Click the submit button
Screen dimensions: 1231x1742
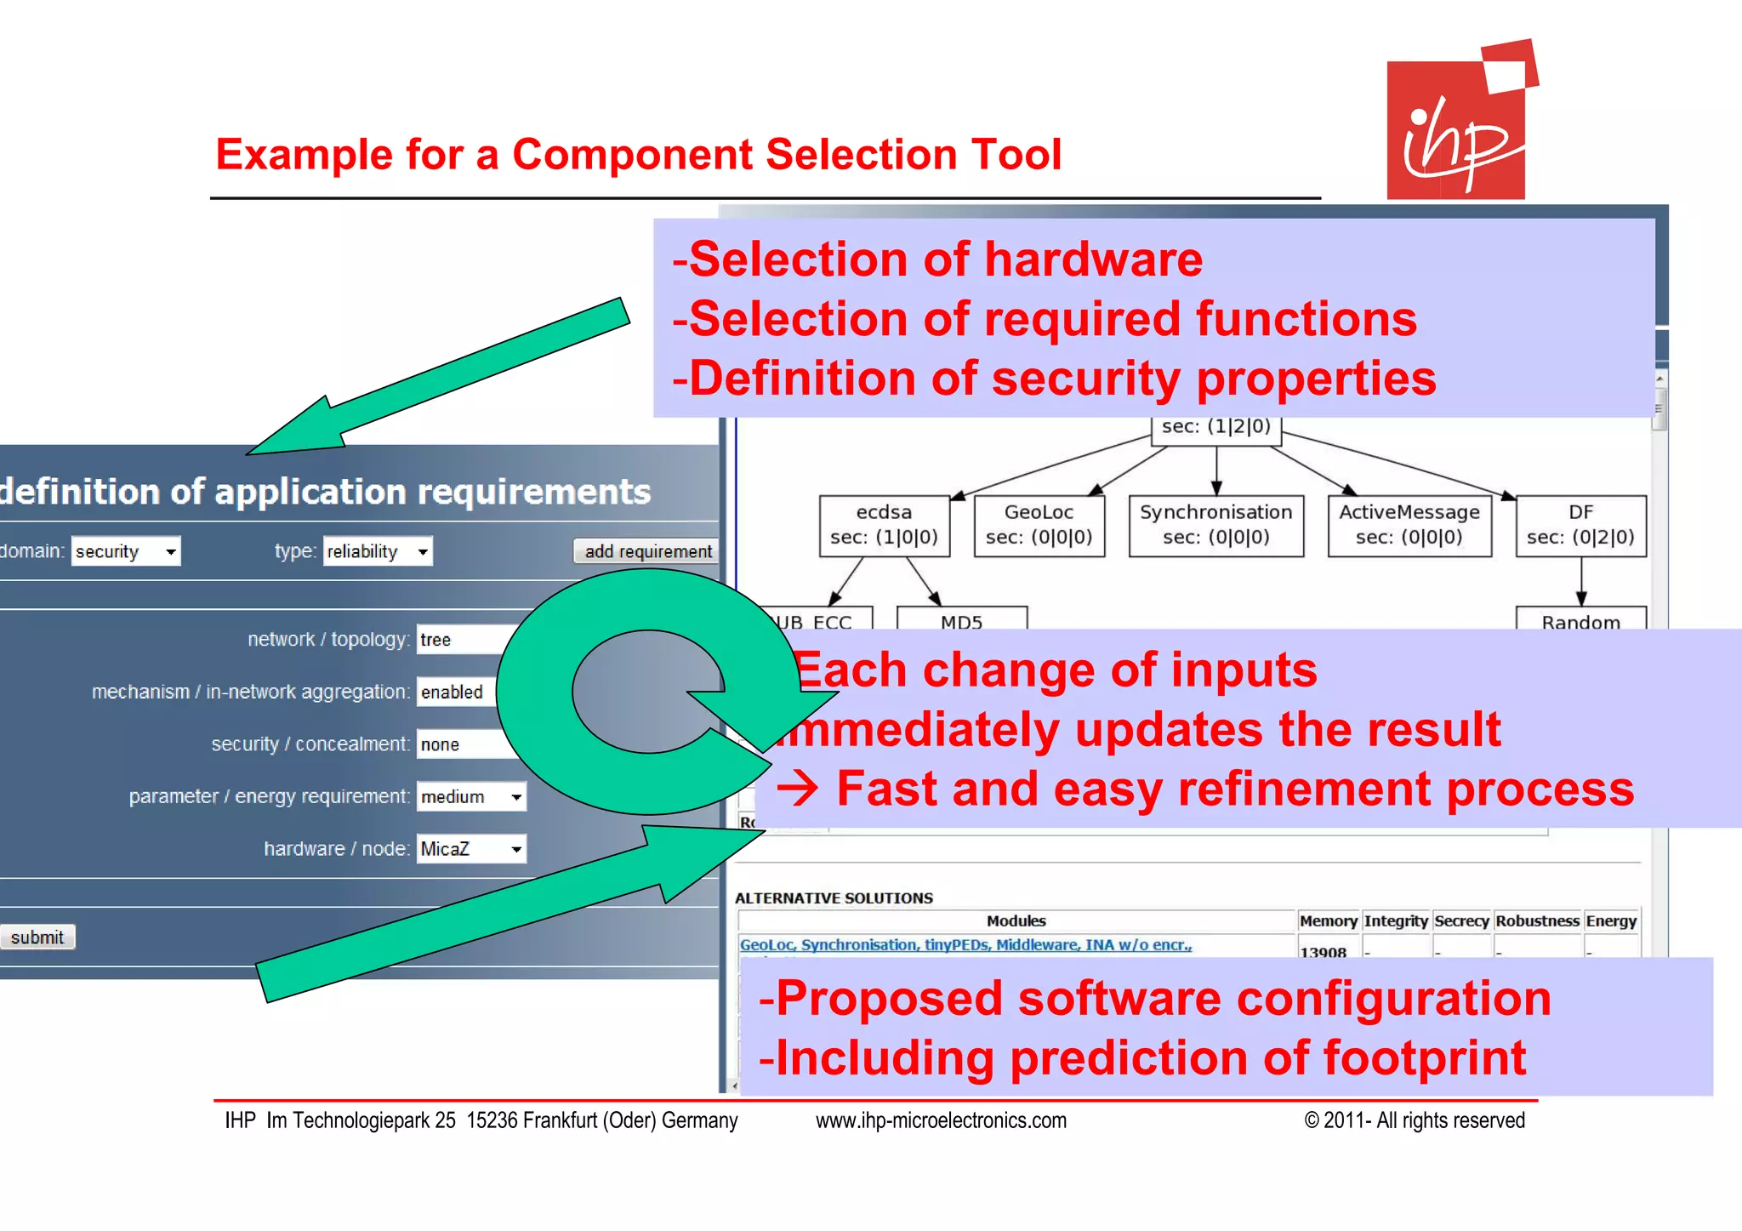pos(37,937)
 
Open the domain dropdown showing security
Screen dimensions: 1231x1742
pos(126,551)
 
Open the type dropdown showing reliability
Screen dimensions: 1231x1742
pos(378,551)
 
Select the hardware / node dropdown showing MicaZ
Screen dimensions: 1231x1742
pos(471,848)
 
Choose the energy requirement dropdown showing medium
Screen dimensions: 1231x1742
pos(471,796)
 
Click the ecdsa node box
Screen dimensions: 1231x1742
pos(884,525)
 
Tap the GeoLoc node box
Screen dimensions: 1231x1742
pos(1039,525)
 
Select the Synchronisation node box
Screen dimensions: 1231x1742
pos(1215,525)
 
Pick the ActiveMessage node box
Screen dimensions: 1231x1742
pos(1409,525)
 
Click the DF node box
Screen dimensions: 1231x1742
pos(1580,525)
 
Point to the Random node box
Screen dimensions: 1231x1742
pos(1580,619)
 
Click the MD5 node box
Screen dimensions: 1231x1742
pos(962,619)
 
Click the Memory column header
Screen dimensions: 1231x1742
pos(1328,920)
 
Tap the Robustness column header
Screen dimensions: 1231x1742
pos(1537,920)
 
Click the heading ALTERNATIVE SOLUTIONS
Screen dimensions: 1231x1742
pos(834,898)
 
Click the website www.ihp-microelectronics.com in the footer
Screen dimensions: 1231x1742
pos(941,1120)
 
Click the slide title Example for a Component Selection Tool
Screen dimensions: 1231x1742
pos(638,155)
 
